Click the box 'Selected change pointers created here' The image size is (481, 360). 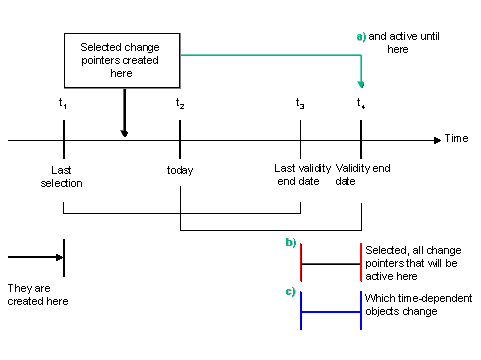coord(123,60)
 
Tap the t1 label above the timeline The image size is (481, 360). coord(63,103)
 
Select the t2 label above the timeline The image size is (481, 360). coord(180,103)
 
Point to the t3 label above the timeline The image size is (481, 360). coord(300,103)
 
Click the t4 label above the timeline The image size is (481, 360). coord(361,103)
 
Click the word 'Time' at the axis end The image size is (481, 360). coord(456,138)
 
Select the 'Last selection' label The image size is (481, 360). coord(62,176)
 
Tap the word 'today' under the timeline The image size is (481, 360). coord(180,170)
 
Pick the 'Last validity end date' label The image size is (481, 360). coord(298,176)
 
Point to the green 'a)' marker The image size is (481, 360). coord(361,36)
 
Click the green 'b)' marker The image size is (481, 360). coord(290,243)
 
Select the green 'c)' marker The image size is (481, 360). coord(290,292)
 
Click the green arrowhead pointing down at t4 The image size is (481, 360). coord(361,85)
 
